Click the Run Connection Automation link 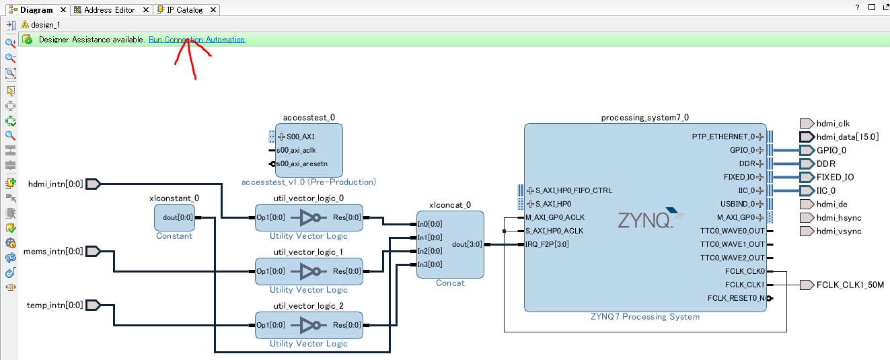click(x=196, y=40)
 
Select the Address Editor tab click(x=109, y=10)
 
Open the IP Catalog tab click(x=184, y=10)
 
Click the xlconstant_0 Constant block click(x=174, y=217)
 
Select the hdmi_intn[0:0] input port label click(x=55, y=184)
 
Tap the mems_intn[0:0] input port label click(x=53, y=251)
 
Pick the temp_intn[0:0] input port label click(x=55, y=305)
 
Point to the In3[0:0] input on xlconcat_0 click(x=430, y=264)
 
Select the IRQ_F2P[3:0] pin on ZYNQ click(x=548, y=244)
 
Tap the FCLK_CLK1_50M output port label click(x=850, y=285)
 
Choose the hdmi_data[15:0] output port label click(x=847, y=137)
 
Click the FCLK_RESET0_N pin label click(x=735, y=298)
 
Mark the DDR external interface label click(x=825, y=164)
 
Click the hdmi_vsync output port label click(x=839, y=231)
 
